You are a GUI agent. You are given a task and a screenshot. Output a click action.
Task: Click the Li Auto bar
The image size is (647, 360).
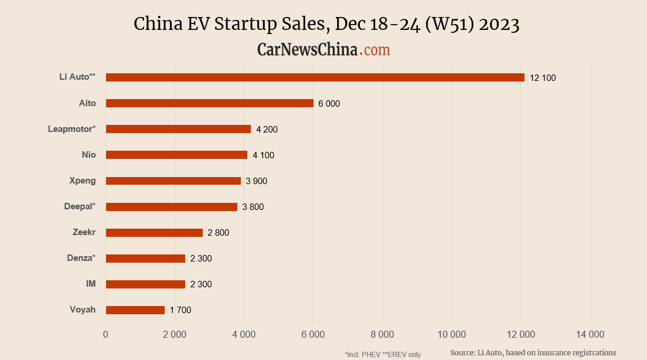coord(315,77)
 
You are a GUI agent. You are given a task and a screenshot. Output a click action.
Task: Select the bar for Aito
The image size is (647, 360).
coord(209,103)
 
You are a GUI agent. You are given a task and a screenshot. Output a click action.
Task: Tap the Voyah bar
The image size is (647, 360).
coord(135,310)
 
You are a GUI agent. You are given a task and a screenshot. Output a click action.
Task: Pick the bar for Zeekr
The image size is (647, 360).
coord(154,233)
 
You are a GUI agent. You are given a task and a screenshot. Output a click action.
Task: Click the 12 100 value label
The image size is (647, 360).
coord(542,78)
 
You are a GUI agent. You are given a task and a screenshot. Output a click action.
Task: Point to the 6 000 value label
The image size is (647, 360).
coord(329,104)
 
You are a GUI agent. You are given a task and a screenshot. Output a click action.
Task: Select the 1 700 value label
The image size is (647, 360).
coord(181,310)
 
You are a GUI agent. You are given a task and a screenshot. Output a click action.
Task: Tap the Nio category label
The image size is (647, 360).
coord(88,155)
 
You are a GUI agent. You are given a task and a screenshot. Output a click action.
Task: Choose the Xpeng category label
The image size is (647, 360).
coord(82,181)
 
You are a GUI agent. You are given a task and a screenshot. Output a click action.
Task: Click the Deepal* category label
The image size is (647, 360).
coord(80,206)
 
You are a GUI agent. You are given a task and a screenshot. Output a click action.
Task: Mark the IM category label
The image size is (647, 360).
coord(91,284)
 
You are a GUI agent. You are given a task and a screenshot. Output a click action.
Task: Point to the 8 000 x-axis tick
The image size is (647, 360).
coord(382,335)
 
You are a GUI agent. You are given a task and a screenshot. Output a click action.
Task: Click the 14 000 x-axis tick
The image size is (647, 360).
coord(590,335)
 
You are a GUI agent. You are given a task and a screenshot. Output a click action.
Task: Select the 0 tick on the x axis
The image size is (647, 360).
coord(105,335)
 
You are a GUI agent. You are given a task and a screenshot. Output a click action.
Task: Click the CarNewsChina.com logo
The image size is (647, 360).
coord(323,50)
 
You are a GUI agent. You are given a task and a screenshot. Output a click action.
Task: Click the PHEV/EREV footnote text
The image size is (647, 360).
coord(383,354)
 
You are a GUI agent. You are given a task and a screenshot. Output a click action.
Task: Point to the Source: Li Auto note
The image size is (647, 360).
coord(533,352)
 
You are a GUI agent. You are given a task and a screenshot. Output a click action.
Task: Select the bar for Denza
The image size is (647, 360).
coord(145,259)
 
